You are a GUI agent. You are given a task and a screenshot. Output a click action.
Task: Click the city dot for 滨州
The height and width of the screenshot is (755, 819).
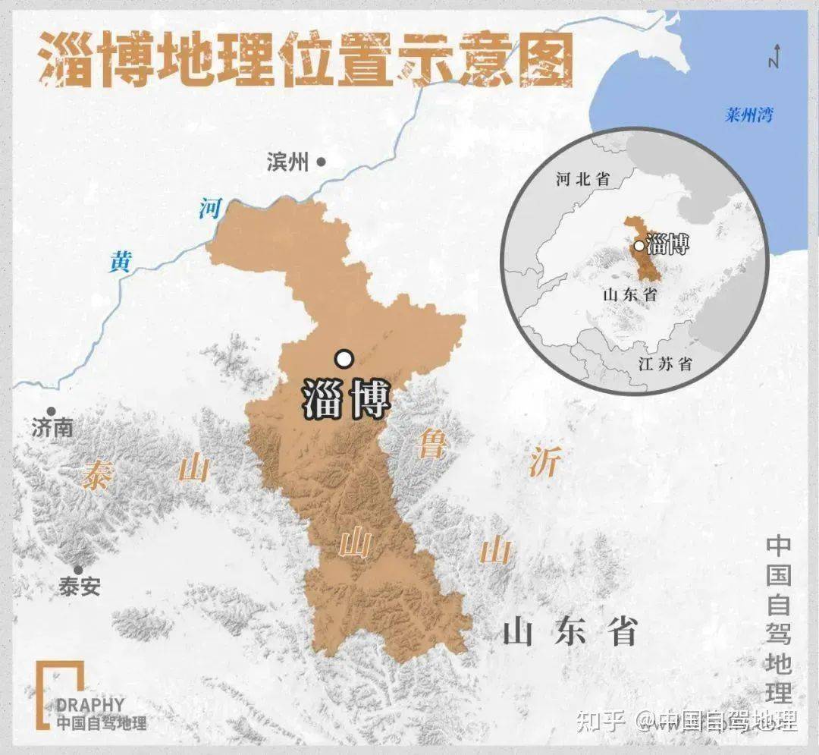click(x=322, y=161)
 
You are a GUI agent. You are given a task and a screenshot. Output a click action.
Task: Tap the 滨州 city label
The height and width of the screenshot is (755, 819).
click(x=288, y=162)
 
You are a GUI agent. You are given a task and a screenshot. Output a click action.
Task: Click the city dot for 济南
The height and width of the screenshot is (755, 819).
click(x=52, y=411)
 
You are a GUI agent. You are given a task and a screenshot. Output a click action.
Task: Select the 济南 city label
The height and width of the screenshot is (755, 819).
click(x=53, y=428)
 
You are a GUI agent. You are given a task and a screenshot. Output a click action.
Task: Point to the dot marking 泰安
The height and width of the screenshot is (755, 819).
click(x=77, y=570)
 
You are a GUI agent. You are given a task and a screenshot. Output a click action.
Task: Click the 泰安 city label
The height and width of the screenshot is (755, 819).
click(x=79, y=587)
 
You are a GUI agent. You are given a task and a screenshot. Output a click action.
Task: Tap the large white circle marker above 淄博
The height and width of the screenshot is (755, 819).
click(x=344, y=358)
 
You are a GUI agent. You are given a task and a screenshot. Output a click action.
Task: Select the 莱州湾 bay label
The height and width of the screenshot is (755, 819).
click(x=748, y=115)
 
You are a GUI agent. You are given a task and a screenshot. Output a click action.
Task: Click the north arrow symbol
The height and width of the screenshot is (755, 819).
click(x=773, y=58)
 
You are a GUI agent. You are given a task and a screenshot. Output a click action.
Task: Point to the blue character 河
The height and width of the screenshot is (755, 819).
click(x=210, y=208)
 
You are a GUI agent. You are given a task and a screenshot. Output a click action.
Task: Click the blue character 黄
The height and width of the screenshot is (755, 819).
click(x=121, y=262)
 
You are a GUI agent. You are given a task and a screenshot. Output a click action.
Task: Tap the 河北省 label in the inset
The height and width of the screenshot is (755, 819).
click(x=582, y=179)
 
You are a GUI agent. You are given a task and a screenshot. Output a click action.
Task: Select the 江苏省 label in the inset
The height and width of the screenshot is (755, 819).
click(x=665, y=363)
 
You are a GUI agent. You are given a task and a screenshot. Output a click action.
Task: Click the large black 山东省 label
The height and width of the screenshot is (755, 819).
click(x=570, y=631)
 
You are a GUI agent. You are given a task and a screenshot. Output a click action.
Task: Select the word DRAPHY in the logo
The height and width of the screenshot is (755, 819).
click(x=90, y=705)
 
